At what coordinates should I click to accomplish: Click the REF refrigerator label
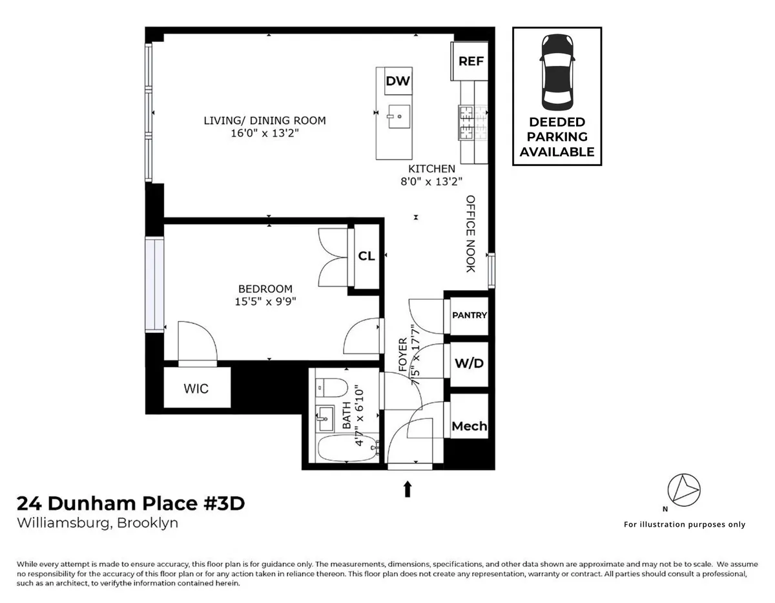[x=471, y=61]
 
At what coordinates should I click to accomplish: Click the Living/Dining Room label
[x=265, y=120]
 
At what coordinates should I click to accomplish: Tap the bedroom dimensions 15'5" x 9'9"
[x=265, y=301]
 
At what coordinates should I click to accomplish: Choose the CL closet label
[x=366, y=256]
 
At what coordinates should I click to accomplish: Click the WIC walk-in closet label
[x=196, y=388]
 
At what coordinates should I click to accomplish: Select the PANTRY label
[x=470, y=315]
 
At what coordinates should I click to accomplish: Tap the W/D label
[x=469, y=363]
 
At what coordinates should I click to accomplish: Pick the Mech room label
[x=470, y=426]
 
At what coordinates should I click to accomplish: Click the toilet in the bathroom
[x=331, y=389]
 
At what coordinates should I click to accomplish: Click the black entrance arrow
[x=408, y=489]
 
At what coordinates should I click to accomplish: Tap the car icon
[x=557, y=72]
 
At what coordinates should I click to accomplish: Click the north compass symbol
[x=684, y=490]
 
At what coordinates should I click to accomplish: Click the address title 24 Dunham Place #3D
[x=130, y=503]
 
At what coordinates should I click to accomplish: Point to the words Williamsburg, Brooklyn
[x=97, y=523]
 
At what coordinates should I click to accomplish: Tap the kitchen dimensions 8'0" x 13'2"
[x=431, y=181]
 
